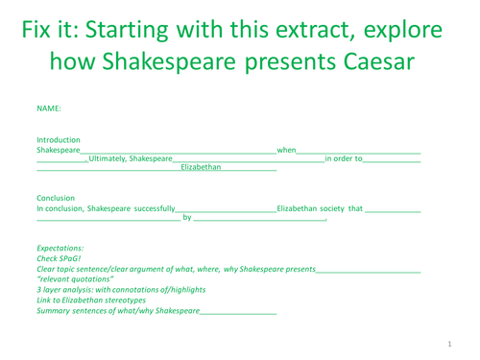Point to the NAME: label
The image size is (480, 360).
48,108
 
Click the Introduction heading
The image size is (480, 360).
59,140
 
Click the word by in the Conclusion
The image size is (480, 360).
186,218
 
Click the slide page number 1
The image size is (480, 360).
449,344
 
